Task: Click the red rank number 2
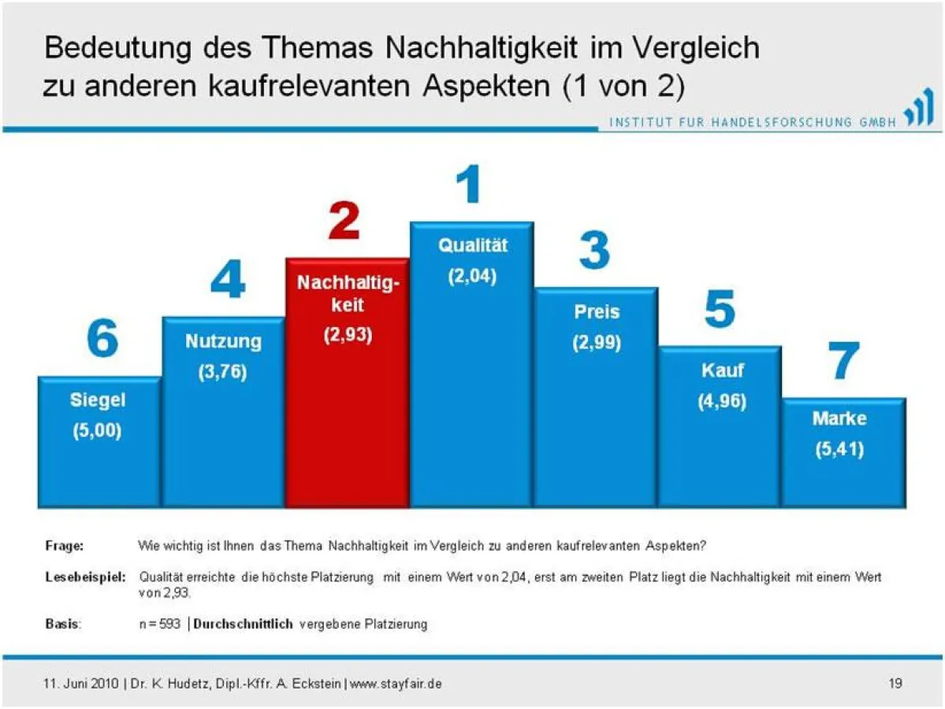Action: click(x=344, y=221)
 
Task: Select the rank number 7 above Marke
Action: click(x=843, y=362)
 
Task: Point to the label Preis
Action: click(x=597, y=311)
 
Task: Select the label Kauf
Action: click(x=722, y=369)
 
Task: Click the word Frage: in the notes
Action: click(x=64, y=545)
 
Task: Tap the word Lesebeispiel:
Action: click(x=85, y=577)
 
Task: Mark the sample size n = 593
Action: click(x=159, y=624)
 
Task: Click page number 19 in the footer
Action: click(x=895, y=683)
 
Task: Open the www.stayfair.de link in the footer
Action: click(x=395, y=683)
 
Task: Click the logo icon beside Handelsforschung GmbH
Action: click(x=918, y=114)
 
